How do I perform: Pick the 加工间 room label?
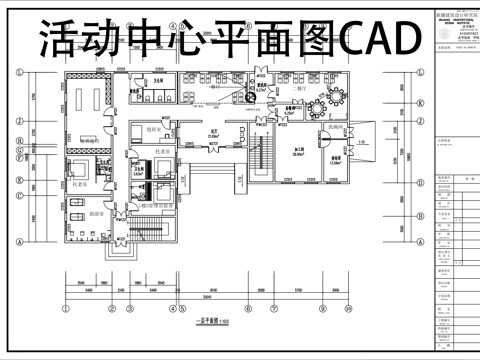pyautogui.click(x=298, y=148)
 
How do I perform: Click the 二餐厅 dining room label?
pyautogui.click(x=296, y=86)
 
